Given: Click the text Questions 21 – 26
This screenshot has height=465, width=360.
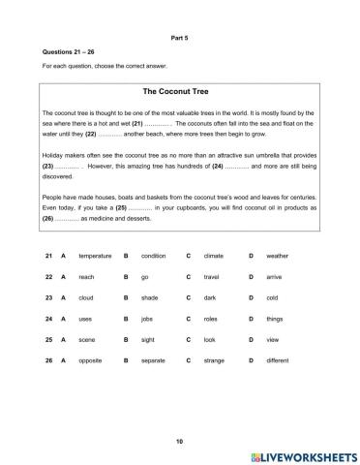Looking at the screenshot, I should (65, 50).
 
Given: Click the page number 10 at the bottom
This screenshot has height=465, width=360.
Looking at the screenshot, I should (179, 441).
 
